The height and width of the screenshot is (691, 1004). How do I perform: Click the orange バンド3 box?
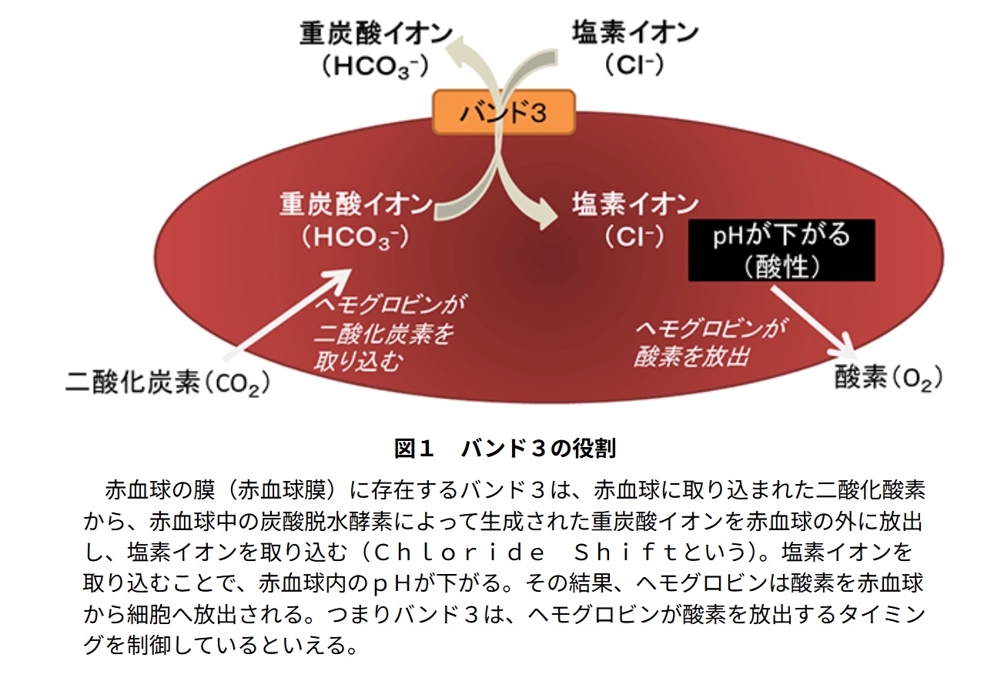point(504,112)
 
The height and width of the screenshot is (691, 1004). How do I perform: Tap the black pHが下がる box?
point(781,250)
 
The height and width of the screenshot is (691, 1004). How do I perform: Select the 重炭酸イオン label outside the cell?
point(376,34)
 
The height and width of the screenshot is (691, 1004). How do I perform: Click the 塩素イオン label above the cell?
point(634,32)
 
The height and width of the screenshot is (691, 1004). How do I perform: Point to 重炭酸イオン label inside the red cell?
point(356,204)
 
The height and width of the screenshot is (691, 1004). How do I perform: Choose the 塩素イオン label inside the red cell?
point(634,204)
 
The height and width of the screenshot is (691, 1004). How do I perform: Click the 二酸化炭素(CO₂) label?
point(168,383)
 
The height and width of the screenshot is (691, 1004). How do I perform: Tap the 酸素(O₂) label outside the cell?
point(889,378)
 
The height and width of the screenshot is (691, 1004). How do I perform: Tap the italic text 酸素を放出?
point(691,357)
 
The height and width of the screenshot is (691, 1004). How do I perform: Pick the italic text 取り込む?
point(357,361)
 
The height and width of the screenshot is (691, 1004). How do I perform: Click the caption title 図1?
point(414,449)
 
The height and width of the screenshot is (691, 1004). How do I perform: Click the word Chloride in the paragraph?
point(459,552)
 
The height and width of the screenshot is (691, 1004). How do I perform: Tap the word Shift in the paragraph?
point(625,552)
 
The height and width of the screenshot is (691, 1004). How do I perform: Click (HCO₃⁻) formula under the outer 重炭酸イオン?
point(376,66)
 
